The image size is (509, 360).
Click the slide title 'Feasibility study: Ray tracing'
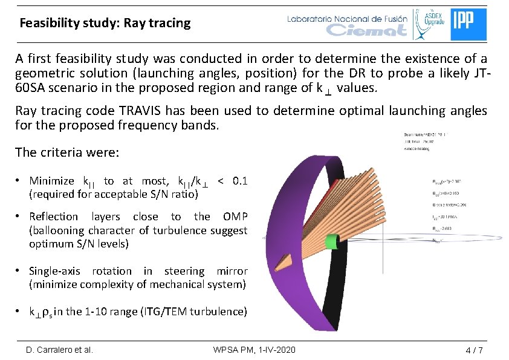click(x=105, y=24)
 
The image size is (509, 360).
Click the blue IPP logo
click(x=468, y=24)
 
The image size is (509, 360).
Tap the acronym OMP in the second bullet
click(x=235, y=217)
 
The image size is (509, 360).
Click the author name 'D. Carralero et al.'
click(x=59, y=350)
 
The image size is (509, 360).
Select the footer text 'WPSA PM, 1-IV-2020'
click(x=254, y=350)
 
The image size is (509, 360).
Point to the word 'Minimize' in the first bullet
click(x=51, y=181)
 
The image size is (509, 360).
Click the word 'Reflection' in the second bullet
click(x=54, y=217)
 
